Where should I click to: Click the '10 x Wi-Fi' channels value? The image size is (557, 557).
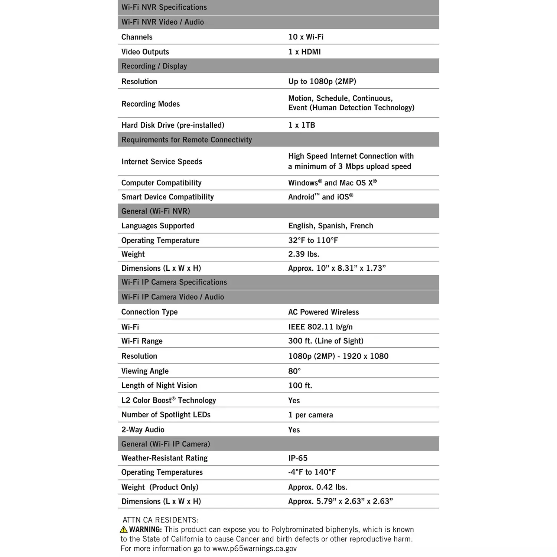point(306,37)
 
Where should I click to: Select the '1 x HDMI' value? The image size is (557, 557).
point(304,52)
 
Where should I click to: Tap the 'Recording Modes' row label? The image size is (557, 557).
point(150,104)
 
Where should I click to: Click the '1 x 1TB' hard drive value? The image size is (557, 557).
point(302,125)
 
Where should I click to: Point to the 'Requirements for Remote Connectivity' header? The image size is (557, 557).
point(186,140)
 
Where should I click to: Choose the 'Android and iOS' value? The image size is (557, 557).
point(320,197)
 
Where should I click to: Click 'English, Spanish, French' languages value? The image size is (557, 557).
point(330,226)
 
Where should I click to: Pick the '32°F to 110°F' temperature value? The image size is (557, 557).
point(313,240)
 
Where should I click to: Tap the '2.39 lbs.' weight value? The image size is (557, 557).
point(304,254)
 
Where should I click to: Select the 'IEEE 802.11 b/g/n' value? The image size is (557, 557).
point(320,327)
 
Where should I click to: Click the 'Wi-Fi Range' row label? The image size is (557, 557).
point(142,341)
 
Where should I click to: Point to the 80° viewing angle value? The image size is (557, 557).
point(294,371)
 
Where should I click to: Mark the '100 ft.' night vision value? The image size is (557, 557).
point(300,385)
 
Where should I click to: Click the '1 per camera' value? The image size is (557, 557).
point(310,415)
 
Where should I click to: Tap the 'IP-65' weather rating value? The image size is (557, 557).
point(298,458)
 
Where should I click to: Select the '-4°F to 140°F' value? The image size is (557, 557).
point(312,472)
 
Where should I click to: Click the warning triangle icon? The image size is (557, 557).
point(124,530)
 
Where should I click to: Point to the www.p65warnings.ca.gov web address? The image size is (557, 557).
point(254,548)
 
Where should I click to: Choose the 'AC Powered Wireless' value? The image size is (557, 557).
point(323,312)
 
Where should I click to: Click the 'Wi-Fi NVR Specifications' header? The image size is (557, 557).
point(164,7)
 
